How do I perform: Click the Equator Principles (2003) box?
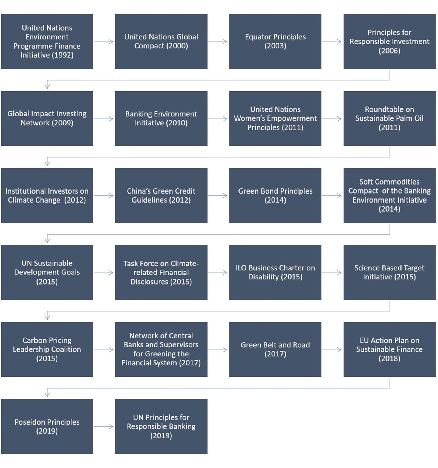(275, 42)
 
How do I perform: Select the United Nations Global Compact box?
(161, 42)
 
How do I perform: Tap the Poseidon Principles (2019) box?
(47, 426)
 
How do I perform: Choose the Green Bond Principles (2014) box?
(275, 195)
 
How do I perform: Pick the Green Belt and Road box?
(275, 349)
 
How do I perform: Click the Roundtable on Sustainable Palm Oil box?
(390, 118)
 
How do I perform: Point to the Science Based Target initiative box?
(390, 273)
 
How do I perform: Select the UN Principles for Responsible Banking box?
(161, 426)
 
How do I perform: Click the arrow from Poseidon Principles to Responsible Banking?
(103, 426)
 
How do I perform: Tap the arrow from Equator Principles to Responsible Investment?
(332, 42)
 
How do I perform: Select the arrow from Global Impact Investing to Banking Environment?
(103, 119)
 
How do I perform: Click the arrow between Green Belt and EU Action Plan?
(332, 350)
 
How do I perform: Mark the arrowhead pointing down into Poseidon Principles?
(47, 394)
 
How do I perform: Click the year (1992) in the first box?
(62, 55)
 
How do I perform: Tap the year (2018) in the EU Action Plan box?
(390, 358)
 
